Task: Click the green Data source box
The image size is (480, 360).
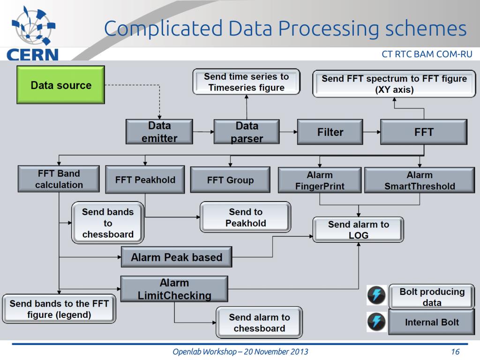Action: click(60, 85)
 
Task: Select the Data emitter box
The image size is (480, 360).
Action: click(159, 132)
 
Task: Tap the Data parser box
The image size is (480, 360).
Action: click(247, 132)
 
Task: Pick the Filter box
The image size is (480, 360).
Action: click(330, 132)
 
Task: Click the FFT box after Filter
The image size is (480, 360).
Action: click(423, 132)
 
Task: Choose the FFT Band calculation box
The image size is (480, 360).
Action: click(59, 179)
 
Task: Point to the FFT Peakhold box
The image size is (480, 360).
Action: click(145, 180)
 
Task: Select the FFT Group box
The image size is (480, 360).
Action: click(230, 180)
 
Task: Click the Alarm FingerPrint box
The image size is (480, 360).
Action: click(320, 180)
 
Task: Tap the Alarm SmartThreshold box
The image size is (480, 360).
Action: click(420, 180)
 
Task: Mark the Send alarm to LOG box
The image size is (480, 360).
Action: click(358, 230)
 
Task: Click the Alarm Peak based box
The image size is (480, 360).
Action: click(176, 257)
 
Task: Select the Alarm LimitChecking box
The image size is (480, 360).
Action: click(174, 289)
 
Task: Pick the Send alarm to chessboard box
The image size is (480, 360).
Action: click(259, 322)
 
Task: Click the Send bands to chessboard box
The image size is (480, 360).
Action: click(108, 223)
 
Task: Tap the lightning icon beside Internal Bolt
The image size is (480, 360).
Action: click(377, 322)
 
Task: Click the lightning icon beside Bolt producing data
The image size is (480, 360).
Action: click(377, 296)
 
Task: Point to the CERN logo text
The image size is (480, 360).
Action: click(31, 53)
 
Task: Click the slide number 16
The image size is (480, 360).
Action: click(454, 352)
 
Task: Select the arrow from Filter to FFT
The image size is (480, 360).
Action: click(372, 132)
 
